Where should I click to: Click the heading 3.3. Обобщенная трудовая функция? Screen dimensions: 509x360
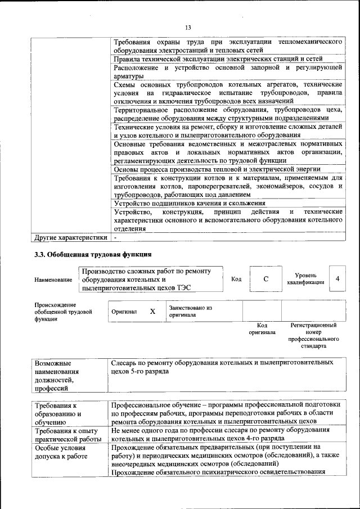[x=93, y=254]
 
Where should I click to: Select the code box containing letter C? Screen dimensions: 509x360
[x=265, y=280]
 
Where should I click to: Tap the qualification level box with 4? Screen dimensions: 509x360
[x=337, y=279]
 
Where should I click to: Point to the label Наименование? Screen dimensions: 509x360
[x=53, y=280]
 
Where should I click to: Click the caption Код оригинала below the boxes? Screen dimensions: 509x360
[x=262, y=328]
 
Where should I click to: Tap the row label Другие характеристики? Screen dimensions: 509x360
[x=70, y=237]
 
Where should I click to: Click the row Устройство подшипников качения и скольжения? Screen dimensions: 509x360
[x=190, y=203]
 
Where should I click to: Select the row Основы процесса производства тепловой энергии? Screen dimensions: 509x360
[x=217, y=169]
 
